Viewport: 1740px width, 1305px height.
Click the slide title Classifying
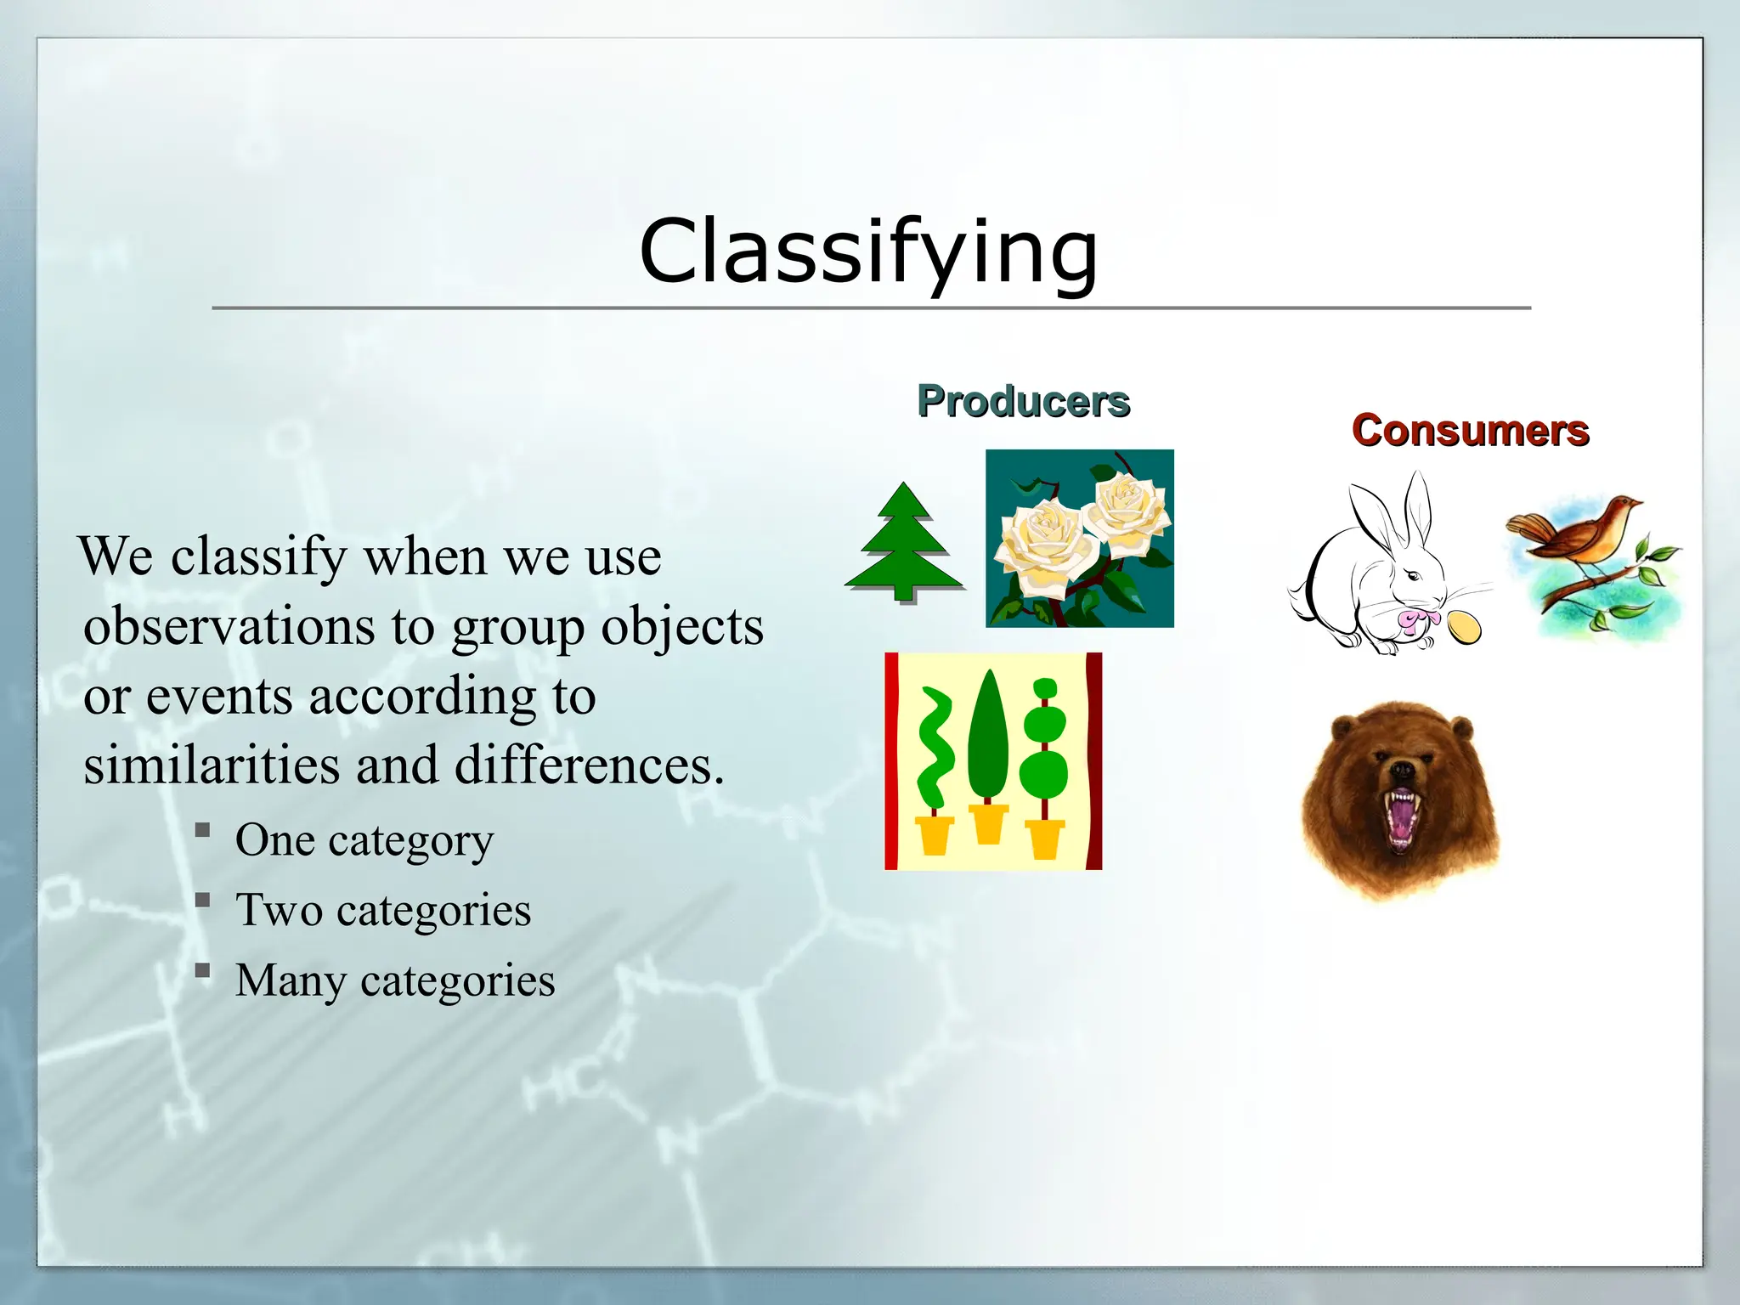[868, 251]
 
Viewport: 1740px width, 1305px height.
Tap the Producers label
[1023, 401]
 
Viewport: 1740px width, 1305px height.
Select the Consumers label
[1470, 431]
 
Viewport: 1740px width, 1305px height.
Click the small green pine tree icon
[905, 542]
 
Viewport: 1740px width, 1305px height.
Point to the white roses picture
[1080, 539]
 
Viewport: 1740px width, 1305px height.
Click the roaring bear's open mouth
[1400, 817]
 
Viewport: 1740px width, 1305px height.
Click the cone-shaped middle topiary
[988, 739]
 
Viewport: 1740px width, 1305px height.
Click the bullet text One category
[364, 840]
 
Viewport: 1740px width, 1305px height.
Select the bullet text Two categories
[382, 910]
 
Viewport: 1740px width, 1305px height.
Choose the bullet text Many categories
[395, 980]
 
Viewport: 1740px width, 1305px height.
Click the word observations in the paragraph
[229, 627]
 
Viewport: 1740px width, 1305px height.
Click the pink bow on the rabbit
[1412, 620]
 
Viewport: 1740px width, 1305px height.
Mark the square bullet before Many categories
[202, 969]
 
